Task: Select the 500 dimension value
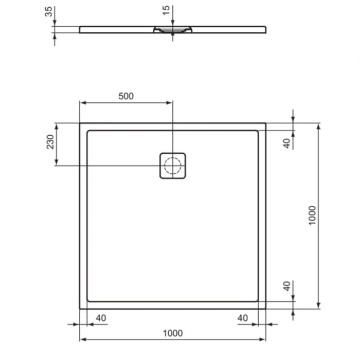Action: coord(126,96)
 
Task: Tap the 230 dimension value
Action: coord(50,142)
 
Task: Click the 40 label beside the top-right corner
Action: coord(287,142)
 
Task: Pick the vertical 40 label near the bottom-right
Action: coord(287,285)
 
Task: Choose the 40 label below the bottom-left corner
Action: coord(101,318)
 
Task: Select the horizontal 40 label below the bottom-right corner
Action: coord(242,318)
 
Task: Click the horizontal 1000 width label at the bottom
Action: coord(173,333)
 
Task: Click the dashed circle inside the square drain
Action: coord(173,165)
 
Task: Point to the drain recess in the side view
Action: coord(173,30)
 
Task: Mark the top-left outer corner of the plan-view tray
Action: coord(80,123)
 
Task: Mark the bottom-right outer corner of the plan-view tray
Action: coord(265,309)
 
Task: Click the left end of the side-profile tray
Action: coord(80,29)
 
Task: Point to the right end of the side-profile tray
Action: coord(265,29)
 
